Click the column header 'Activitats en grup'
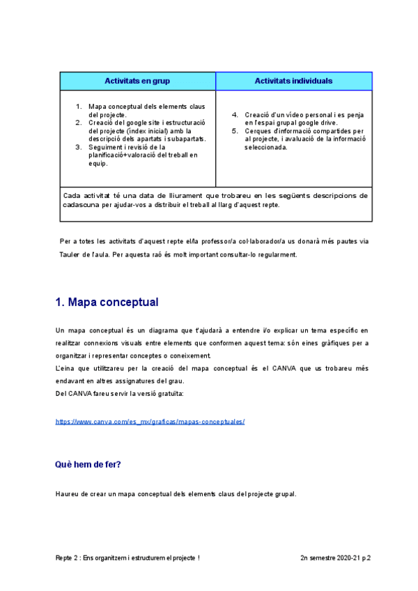point(137,81)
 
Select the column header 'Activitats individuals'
point(293,81)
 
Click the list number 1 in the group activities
point(79,107)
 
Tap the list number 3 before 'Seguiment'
point(79,147)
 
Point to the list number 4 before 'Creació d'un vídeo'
point(235,114)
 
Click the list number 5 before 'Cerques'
point(235,130)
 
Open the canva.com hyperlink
point(150,422)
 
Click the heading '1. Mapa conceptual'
point(107,302)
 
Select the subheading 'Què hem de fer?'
point(88,463)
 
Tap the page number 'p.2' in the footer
point(364,558)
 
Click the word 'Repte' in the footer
point(65,558)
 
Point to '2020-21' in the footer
point(341,558)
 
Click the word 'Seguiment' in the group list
point(106,147)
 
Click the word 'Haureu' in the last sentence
point(67,494)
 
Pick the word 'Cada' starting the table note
point(70,196)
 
